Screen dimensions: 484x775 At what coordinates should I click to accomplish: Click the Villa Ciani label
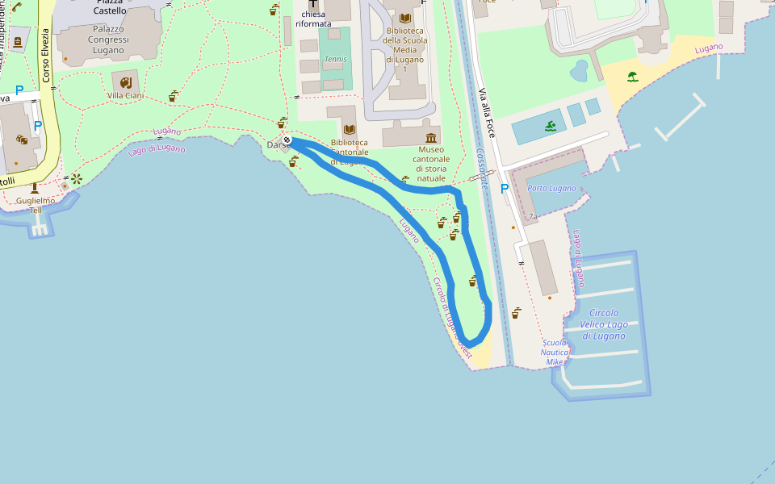125,95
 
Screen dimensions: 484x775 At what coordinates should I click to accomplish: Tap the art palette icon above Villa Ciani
125,82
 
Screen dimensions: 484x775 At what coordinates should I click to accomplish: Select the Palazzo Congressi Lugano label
97,40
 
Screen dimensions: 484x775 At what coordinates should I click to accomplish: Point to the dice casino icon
22,140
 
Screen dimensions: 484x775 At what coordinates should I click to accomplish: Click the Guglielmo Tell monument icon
34,187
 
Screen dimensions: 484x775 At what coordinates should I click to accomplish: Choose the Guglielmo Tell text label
36,205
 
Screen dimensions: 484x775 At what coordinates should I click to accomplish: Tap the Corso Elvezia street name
46,55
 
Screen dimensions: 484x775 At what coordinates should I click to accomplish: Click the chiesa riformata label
313,19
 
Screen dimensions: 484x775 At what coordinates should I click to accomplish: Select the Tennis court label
334,59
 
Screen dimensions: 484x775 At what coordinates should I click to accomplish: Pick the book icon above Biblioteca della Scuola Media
405,18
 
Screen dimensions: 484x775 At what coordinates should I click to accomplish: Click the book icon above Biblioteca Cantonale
350,129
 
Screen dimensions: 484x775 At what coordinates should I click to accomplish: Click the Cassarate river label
482,168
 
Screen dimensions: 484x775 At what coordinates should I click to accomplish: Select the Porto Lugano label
551,188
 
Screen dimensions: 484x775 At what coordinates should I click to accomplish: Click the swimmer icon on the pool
551,126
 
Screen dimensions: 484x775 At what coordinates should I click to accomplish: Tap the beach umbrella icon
632,77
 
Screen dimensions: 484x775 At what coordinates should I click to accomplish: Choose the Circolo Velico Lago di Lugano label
604,324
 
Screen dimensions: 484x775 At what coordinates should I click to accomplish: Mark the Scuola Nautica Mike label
554,353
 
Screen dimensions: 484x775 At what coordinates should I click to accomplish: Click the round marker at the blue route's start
287,140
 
